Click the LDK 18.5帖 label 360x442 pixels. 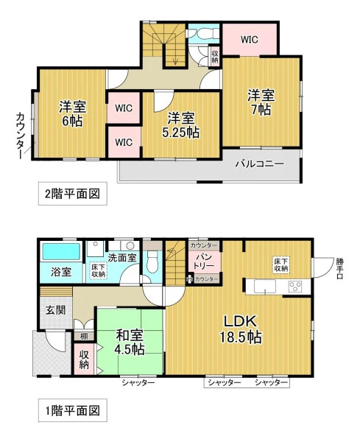[241, 329]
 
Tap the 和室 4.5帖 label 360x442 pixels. [130, 343]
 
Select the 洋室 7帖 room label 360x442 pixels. [261, 102]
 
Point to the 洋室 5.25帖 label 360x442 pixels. [180, 125]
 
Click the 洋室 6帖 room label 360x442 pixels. [72, 113]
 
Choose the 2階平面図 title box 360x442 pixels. [73, 194]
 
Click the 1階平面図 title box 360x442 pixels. [73, 410]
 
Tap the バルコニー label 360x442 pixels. [260, 164]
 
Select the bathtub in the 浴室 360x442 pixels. [61, 251]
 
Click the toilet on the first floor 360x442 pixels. [152, 262]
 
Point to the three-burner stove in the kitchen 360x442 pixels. [295, 287]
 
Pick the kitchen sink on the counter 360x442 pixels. [265, 287]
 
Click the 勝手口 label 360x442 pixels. [340, 269]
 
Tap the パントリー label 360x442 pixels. [205, 262]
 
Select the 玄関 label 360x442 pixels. [55, 310]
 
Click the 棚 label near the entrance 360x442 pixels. [84, 336]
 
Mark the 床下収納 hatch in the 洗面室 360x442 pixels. [99, 270]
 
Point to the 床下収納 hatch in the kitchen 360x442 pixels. [281, 265]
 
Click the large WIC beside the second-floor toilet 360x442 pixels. [250, 40]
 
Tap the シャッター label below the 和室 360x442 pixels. [138, 383]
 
